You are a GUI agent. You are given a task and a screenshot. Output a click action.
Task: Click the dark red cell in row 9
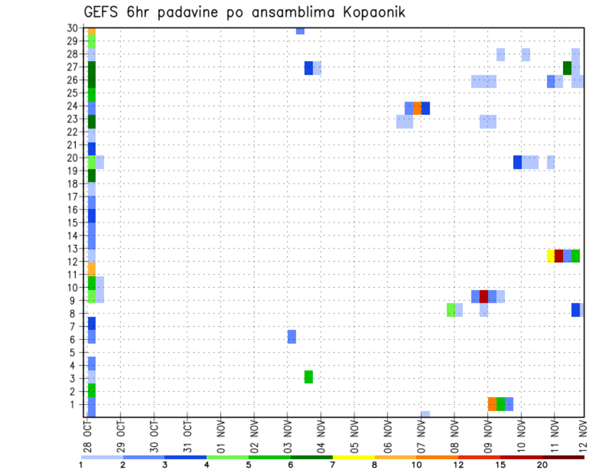[483, 296]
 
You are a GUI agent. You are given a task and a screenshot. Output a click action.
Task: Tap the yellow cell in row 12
[551, 256]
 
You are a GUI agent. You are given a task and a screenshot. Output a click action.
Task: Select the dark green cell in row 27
[567, 68]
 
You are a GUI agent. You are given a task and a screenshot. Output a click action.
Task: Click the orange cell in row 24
[417, 108]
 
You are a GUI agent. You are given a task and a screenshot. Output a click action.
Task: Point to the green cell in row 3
[309, 377]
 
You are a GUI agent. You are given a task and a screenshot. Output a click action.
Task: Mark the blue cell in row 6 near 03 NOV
[291, 337]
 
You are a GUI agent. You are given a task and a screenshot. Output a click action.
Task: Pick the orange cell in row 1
[492, 404]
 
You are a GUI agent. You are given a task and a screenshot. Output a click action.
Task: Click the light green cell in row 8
[451, 310]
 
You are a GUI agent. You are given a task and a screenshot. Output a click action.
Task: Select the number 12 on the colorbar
[458, 465]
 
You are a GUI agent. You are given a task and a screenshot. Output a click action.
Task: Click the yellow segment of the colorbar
[353, 457]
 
